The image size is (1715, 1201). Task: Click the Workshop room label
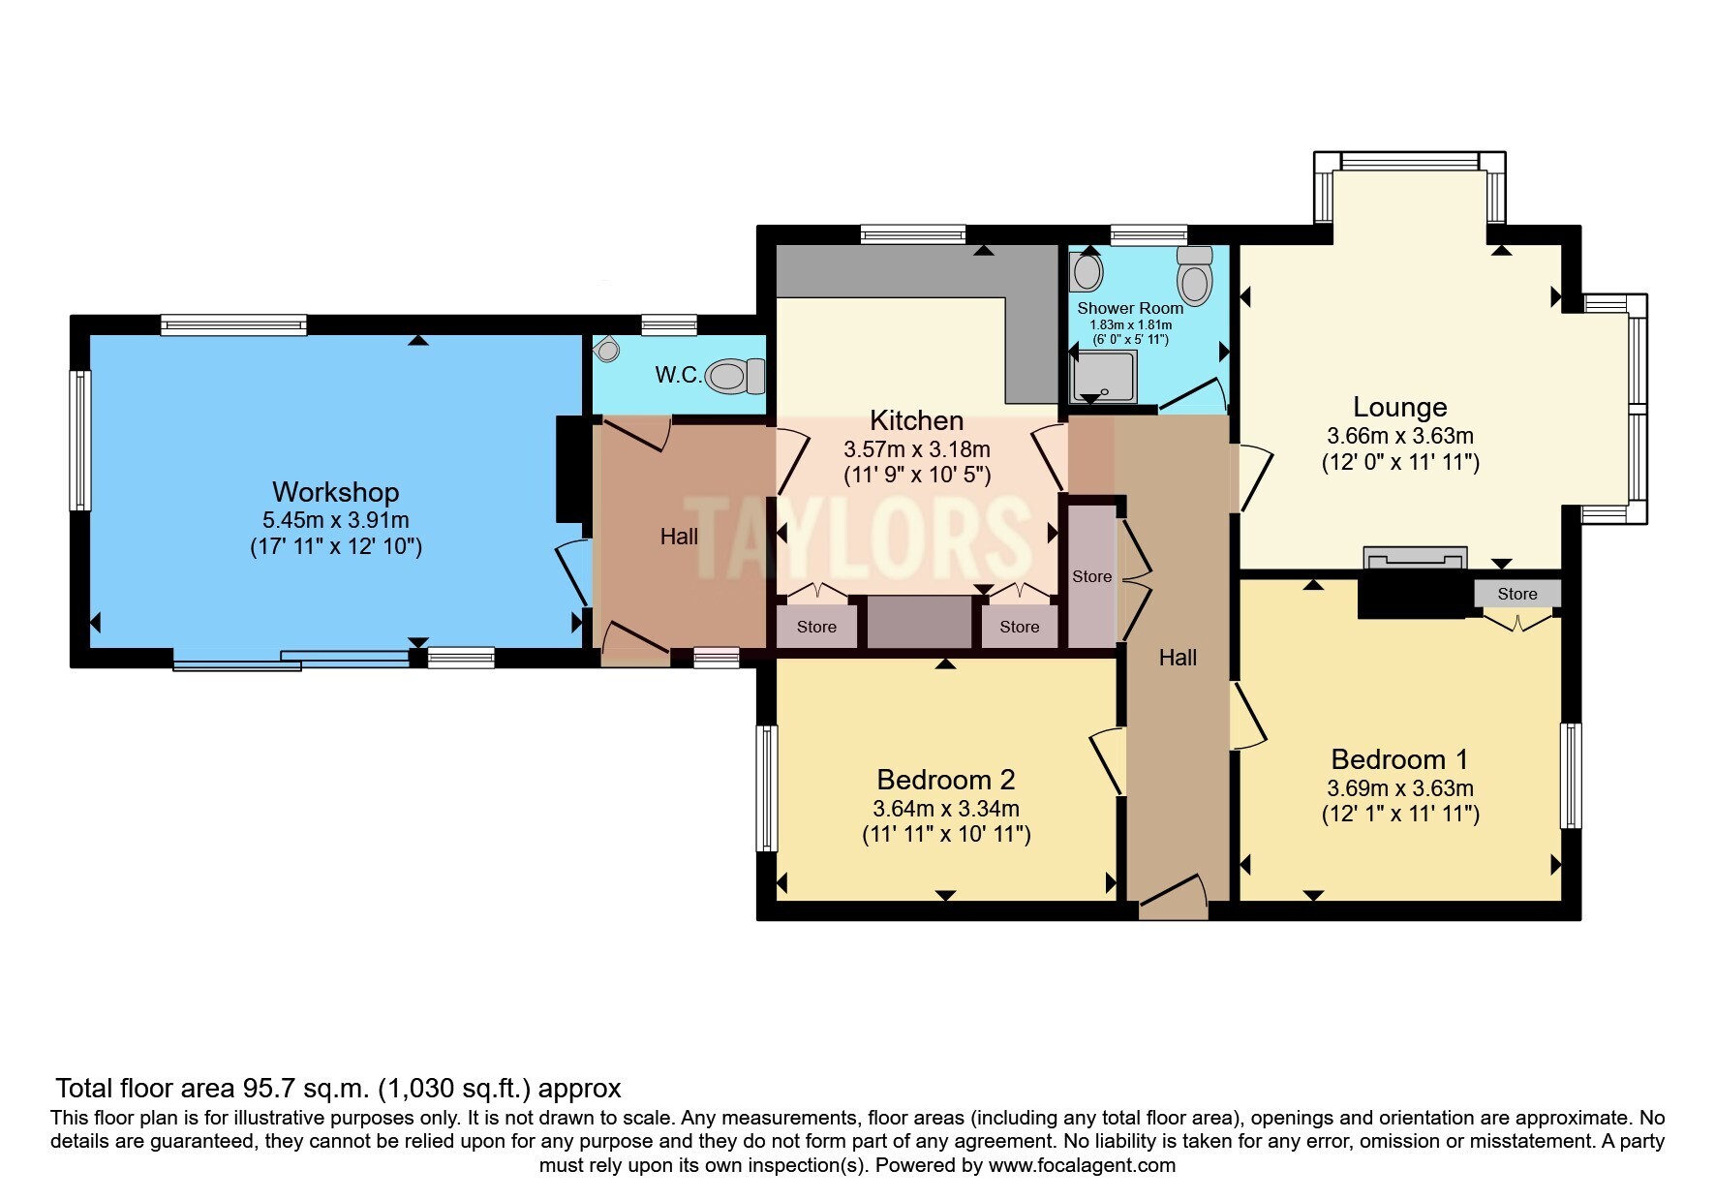pyautogui.click(x=335, y=492)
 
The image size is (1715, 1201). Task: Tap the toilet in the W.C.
pyautogui.click(x=736, y=376)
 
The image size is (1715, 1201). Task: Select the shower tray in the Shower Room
pyautogui.click(x=1103, y=378)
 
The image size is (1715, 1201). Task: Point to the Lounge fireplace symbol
pyautogui.click(x=1414, y=559)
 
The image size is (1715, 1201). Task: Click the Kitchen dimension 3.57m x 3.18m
pyautogui.click(x=916, y=449)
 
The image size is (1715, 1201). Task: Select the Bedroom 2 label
pyautogui.click(x=945, y=780)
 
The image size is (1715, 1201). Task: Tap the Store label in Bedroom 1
pyautogui.click(x=1516, y=594)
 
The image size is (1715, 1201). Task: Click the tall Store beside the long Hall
pyautogui.click(x=1091, y=575)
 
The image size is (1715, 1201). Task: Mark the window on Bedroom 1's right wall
pyautogui.click(x=1571, y=775)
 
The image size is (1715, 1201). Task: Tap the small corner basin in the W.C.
pyautogui.click(x=607, y=349)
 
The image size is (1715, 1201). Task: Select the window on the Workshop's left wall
pyautogui.click(x=80, y=441)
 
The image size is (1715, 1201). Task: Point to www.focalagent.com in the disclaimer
pyautogui.click(x=1082, y=1165)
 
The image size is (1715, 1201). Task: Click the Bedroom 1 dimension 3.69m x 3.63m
pyautogui.click(x=1399, y=788)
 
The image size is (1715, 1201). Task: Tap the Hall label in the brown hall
pyautogui.click(x=679, y=537)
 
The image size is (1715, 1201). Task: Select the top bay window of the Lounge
pyautogui.click(x=1409, y=161)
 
